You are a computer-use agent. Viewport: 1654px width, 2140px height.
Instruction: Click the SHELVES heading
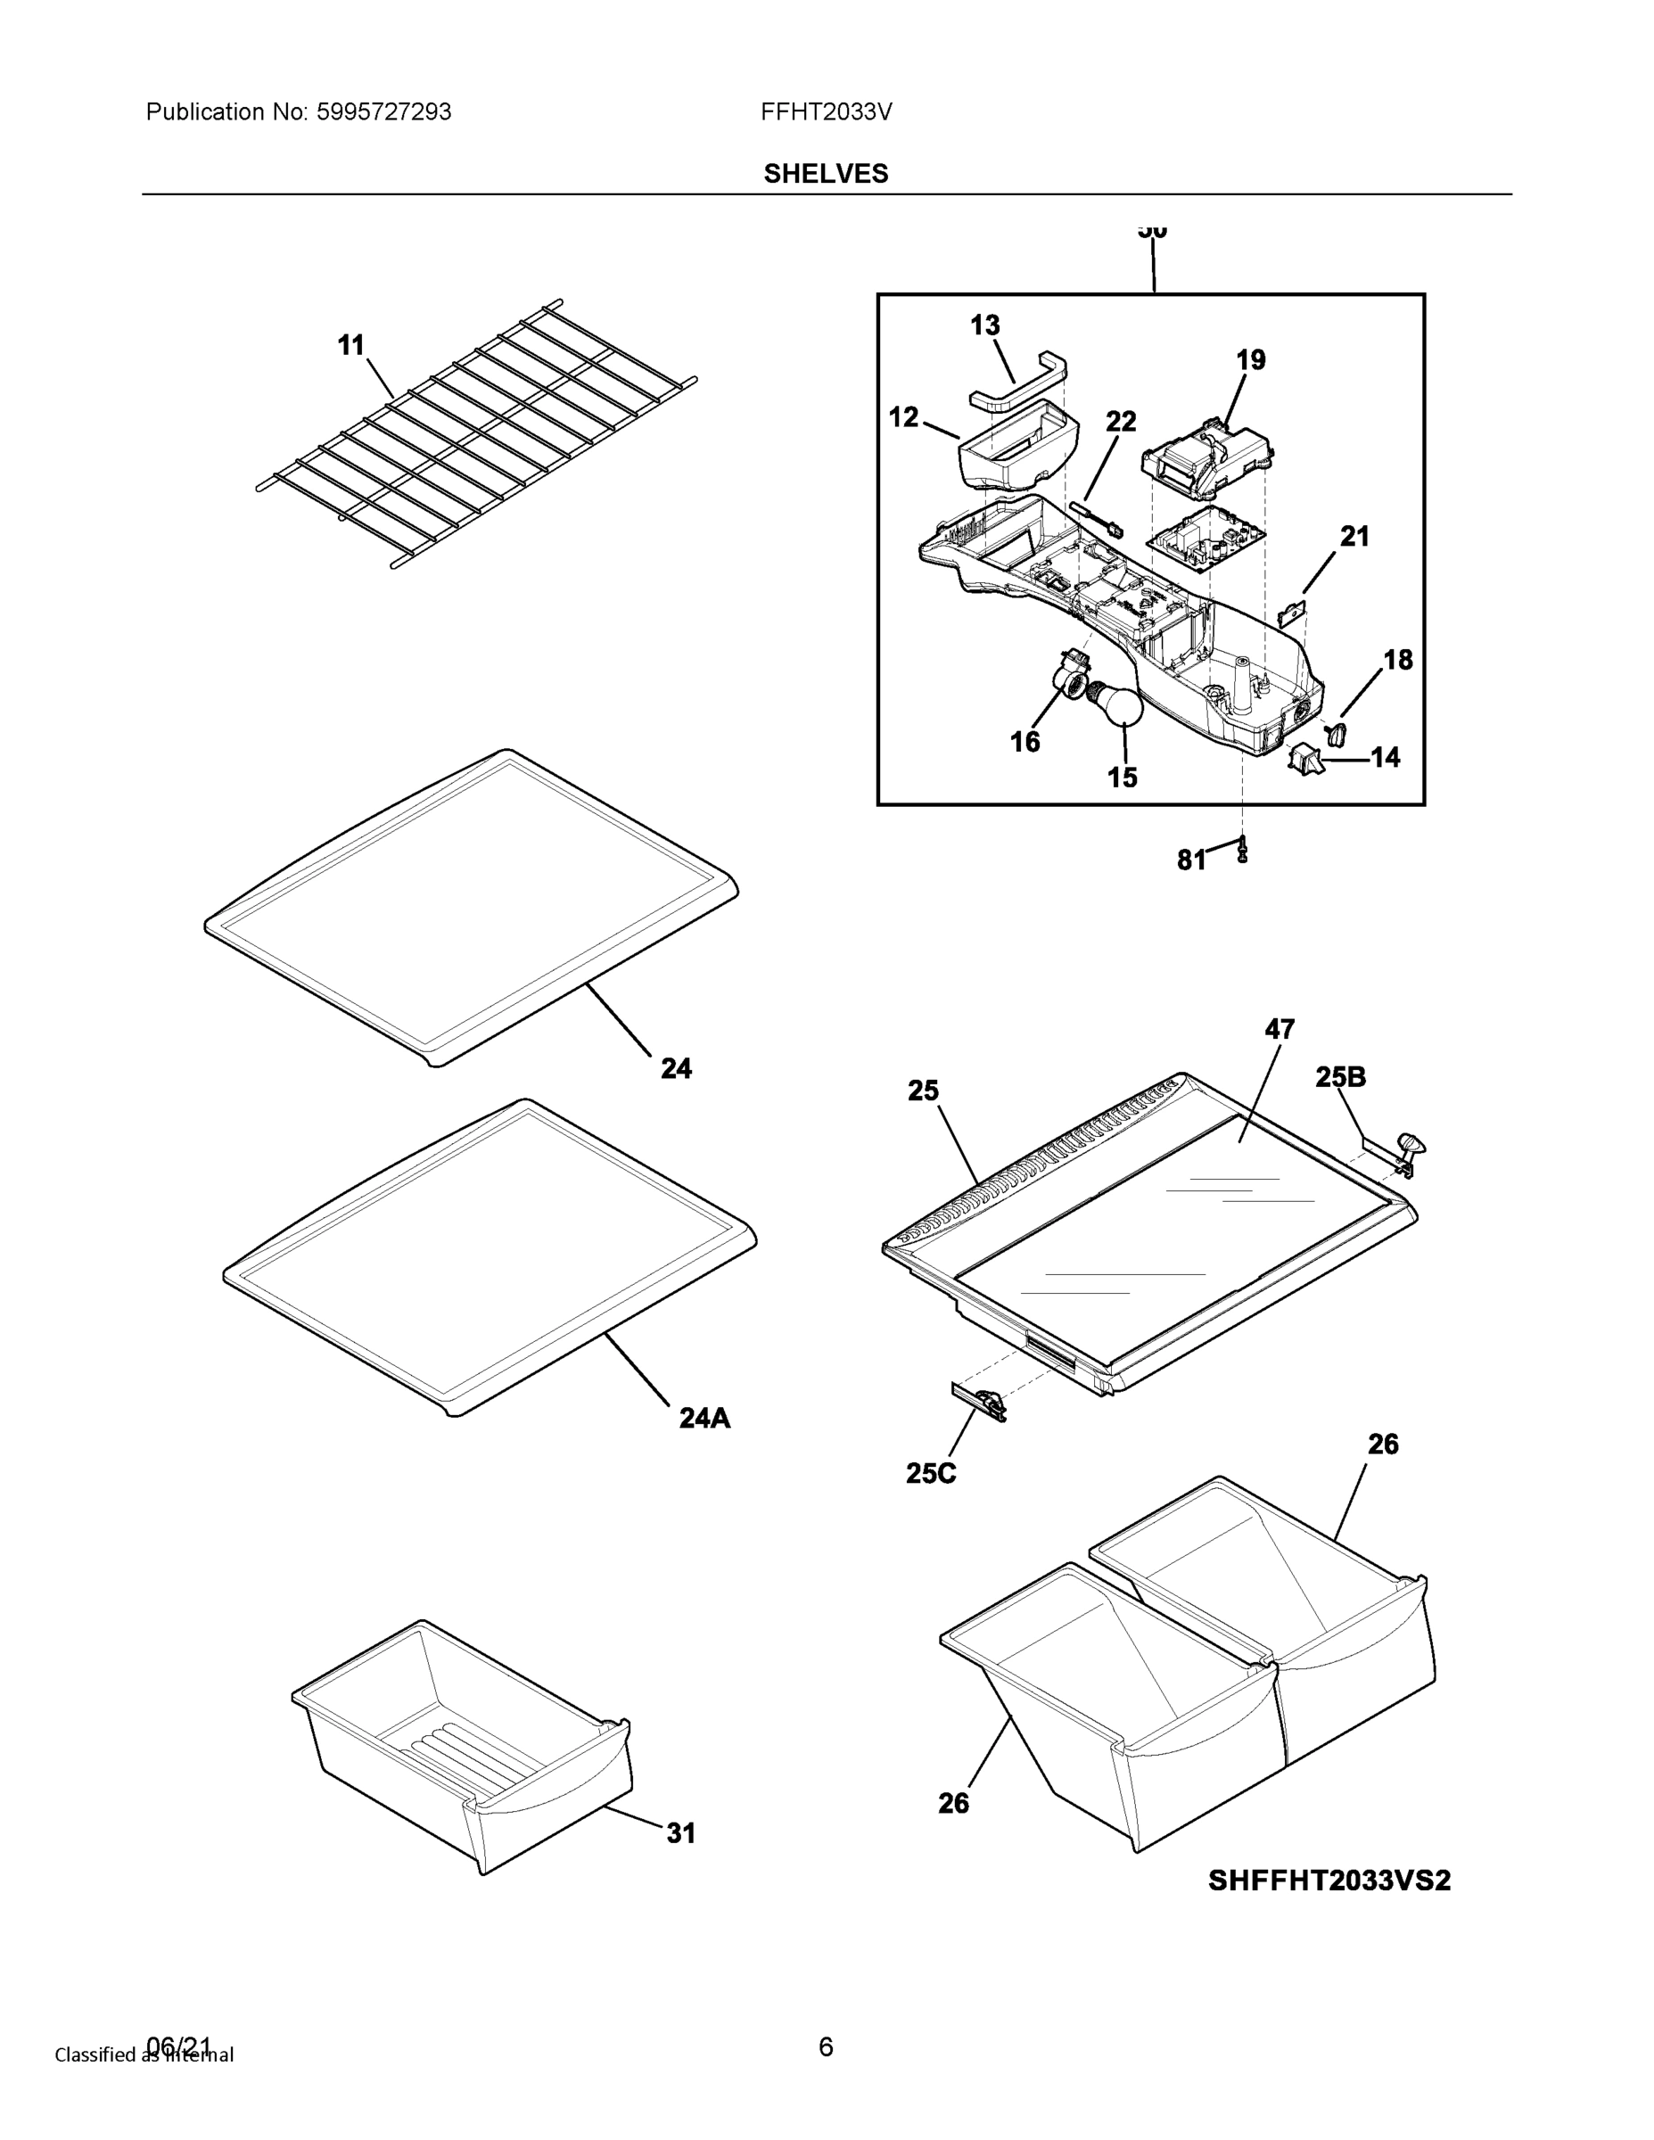pyautogui.click(x=825, y=174)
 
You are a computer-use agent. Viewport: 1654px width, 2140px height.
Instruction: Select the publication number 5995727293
pyautogui.click(x=383, y=111)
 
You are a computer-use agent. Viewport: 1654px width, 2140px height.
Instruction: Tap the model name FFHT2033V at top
pyautogui.click(x=825, y=111)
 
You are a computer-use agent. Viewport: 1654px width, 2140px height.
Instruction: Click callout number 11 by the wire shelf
pyautogui.click(x=350, y=345)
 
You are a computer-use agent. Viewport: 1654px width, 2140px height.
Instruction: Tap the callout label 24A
pyautogui.click(x=704, y=1418)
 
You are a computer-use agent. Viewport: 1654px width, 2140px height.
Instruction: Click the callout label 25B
pyautogui.click(x=1339, y=1077)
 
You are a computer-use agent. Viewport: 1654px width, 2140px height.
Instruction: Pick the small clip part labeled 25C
pyautogui.click(x=979, y=1401)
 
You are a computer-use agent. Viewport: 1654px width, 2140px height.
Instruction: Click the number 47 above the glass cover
pyautogui.click(x=1279, y=1029)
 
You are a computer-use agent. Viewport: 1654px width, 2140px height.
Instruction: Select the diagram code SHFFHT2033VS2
pyautogui.click(x=1329, y=1881)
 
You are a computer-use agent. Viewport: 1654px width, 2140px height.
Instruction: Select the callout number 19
pyautogui.click(x=1250, y=359)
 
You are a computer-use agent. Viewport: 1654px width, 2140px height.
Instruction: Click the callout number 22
pyautogui.click(x=1121, y=422)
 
